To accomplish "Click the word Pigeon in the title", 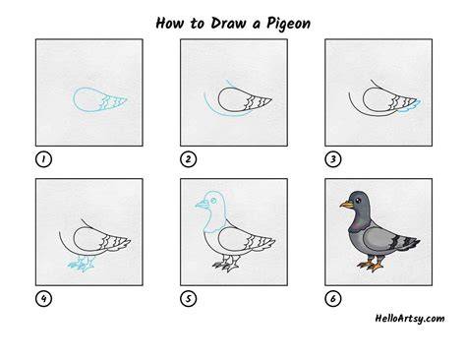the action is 288,24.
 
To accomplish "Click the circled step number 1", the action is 43,159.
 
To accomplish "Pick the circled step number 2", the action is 188,159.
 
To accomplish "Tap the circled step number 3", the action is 333,159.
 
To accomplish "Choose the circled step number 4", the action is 43,299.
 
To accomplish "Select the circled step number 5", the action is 188,299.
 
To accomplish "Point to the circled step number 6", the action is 333,299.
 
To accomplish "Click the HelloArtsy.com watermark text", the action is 410,319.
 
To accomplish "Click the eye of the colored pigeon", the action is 358,200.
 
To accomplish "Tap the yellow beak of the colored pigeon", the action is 347,205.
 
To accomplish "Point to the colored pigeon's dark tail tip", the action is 414,244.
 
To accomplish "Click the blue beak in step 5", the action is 203,205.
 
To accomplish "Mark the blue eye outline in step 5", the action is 213,200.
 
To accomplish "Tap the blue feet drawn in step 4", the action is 82,264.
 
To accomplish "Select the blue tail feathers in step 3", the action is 410,106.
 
